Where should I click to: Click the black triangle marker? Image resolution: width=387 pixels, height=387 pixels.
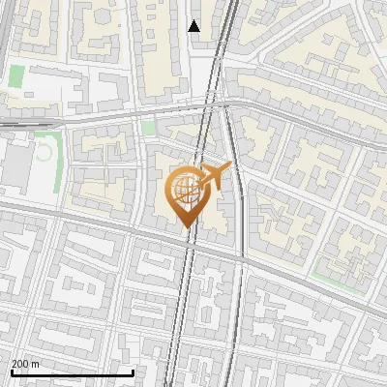(194, 26)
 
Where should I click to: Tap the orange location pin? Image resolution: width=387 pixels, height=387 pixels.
(185, 193)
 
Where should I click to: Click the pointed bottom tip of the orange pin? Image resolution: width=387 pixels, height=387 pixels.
(185, 226)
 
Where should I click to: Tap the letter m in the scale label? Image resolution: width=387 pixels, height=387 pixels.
(37, 364)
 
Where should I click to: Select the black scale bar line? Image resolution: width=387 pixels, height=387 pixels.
(72, 372)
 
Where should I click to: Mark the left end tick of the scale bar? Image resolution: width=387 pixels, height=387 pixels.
(11, 372)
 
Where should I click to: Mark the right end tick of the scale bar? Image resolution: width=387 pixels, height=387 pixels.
(133, 372)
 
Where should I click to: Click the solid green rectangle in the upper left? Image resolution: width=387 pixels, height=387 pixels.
(16, 76)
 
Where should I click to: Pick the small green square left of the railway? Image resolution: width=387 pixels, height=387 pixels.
(148, 127)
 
